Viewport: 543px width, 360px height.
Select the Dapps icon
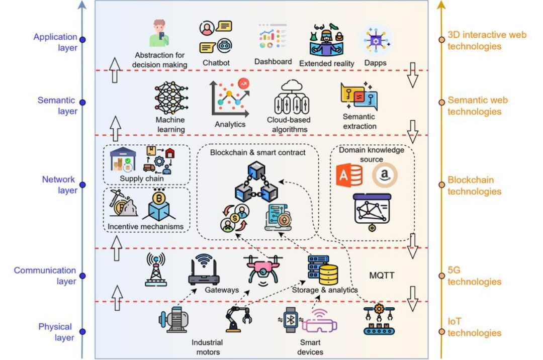(376, 40)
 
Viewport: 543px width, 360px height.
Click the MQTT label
(382, 276)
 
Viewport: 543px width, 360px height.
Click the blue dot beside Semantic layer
(82, 102)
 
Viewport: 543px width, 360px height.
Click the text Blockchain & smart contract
(258, 152)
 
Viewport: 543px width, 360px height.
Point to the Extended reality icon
(326, 40)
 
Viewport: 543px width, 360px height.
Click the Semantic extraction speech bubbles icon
(359, 97)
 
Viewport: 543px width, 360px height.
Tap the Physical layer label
(55, 332)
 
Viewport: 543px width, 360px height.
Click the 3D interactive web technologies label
(487, 40)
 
